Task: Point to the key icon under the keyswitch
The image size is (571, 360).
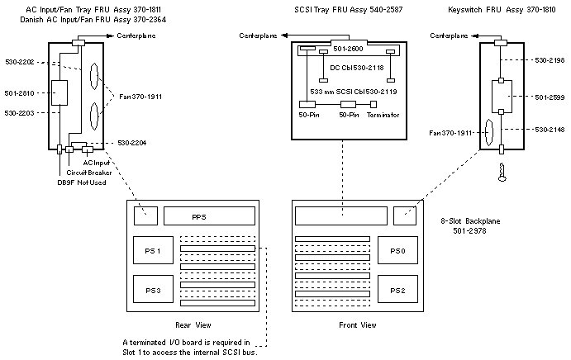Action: tap(501, 172)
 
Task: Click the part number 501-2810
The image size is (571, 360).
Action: tap(20, 92)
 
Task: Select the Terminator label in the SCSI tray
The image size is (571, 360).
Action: tap(383, 115)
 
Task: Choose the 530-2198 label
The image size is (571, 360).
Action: tap(545, 60)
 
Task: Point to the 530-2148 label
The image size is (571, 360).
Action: tap(545, 130)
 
